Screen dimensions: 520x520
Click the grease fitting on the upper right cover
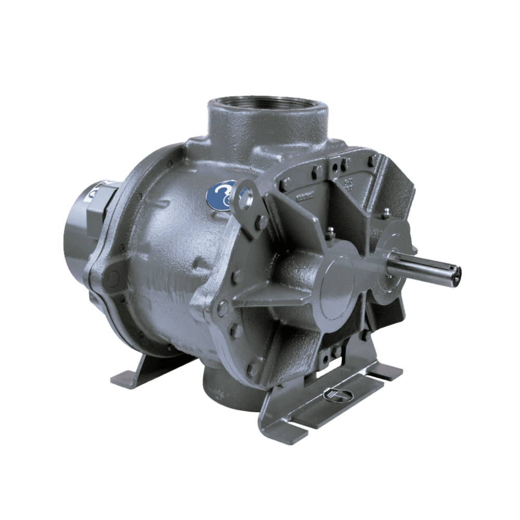(386, 212)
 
